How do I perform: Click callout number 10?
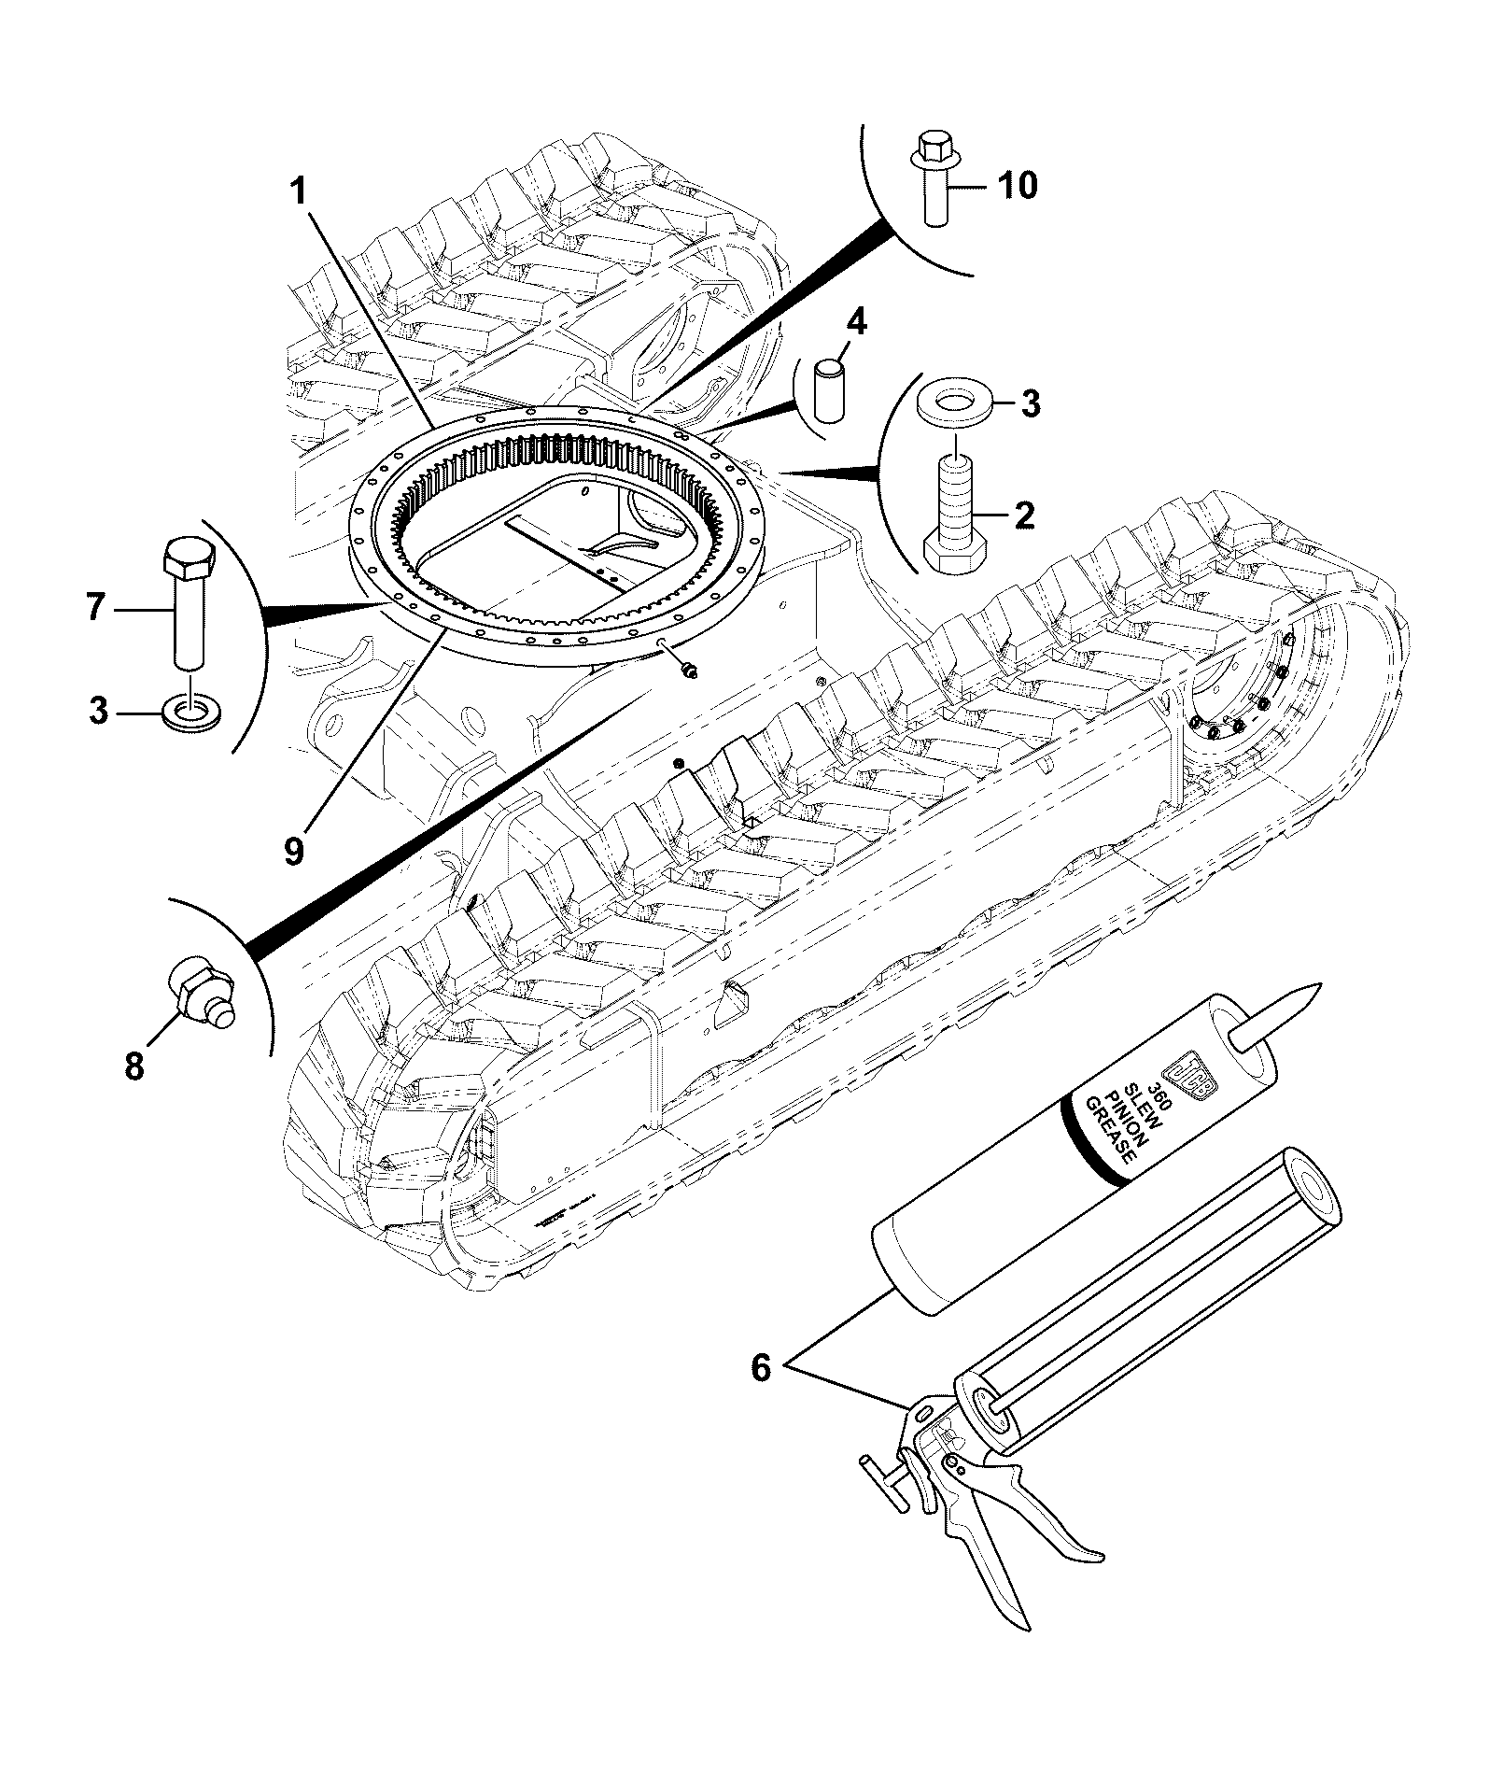[x=1018, y=186]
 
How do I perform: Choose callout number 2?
[x=1024, y=515]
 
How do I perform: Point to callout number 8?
[x=135, y=1065]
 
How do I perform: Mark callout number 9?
[x=295, y=851]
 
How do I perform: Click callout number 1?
[x=298, y=192]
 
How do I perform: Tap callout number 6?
[x=761, y=1369]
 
